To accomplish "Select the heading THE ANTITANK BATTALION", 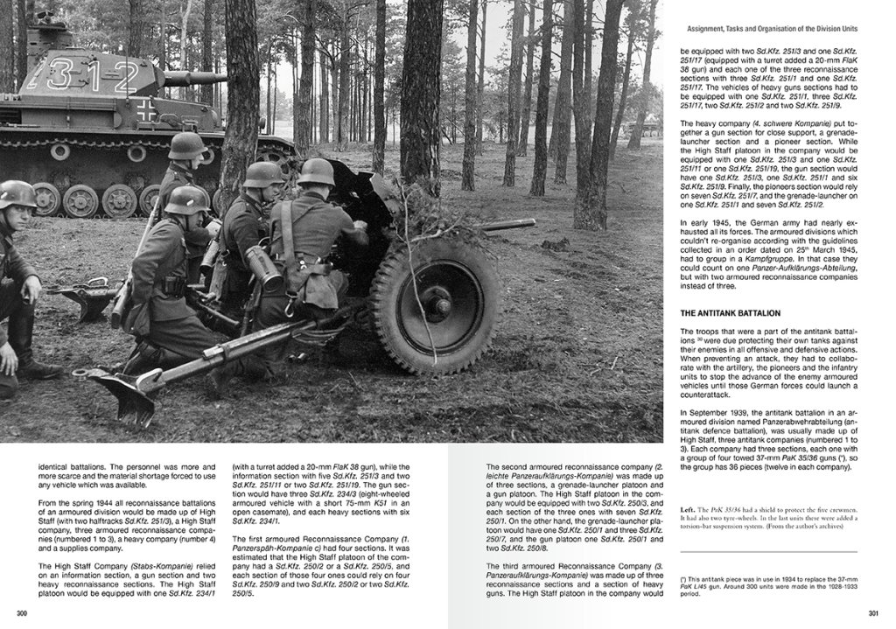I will pyautogui.click(x=731, y=312).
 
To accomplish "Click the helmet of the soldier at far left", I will pyautogui.click(x=17, y=192).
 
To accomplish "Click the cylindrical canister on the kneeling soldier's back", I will pyautogui.click(x=262, y=267).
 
